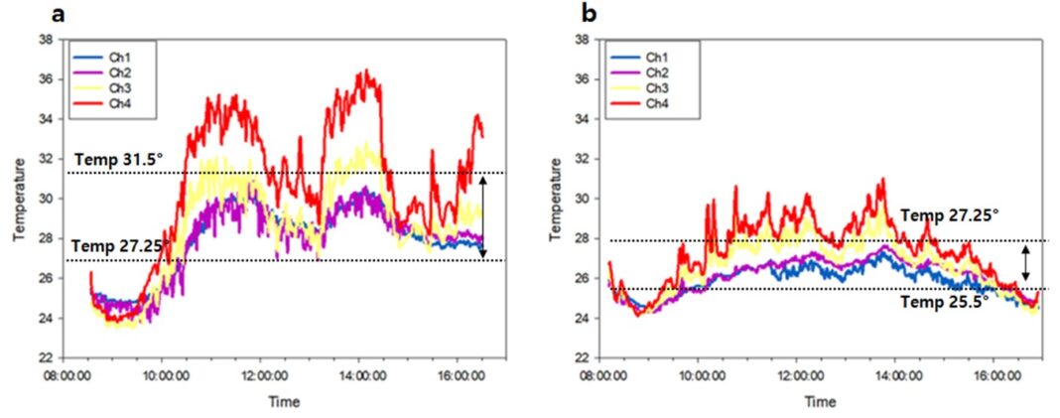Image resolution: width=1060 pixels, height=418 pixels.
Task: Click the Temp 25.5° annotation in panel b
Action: pyautogui.click(x=943, y=304)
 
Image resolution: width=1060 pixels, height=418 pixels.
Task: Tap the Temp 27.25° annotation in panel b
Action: pyautogui.click(x=950, y=214)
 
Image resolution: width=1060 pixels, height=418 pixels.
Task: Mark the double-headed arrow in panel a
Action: pyautogui.click(x=482, y=216)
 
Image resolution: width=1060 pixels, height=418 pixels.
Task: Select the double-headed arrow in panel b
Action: pyautogui.click(x=1025, y=264)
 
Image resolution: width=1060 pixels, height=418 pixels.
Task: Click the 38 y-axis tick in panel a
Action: pyautogui.click(x=46, y=40)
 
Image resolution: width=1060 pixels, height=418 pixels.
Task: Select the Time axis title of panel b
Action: pyautogui.click(x=820, y=402)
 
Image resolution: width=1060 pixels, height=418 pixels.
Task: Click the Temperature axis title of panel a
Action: pyautogui.click(x=17, y=199)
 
